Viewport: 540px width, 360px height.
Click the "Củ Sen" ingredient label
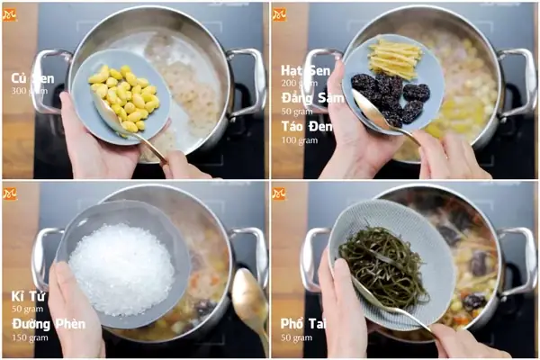click(31, 78)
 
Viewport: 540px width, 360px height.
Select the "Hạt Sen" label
click(305, 70)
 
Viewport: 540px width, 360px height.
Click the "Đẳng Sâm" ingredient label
click(311, 97)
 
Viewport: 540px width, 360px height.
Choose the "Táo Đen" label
click(307, 126)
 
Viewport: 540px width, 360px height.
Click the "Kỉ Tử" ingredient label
click(28, 296)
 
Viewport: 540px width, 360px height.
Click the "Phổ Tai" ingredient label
click(304, 324)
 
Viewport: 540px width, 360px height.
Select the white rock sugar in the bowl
click(121, 267)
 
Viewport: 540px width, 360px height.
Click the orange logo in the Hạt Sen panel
click(279, 14)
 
